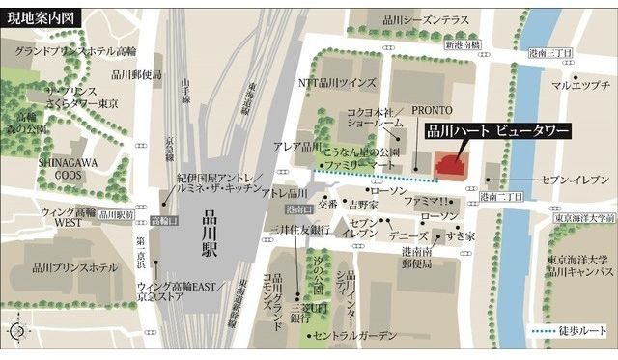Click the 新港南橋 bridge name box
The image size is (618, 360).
[462, 46]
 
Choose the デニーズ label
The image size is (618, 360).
[407, 235]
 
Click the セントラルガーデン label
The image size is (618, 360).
[355, 336]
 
